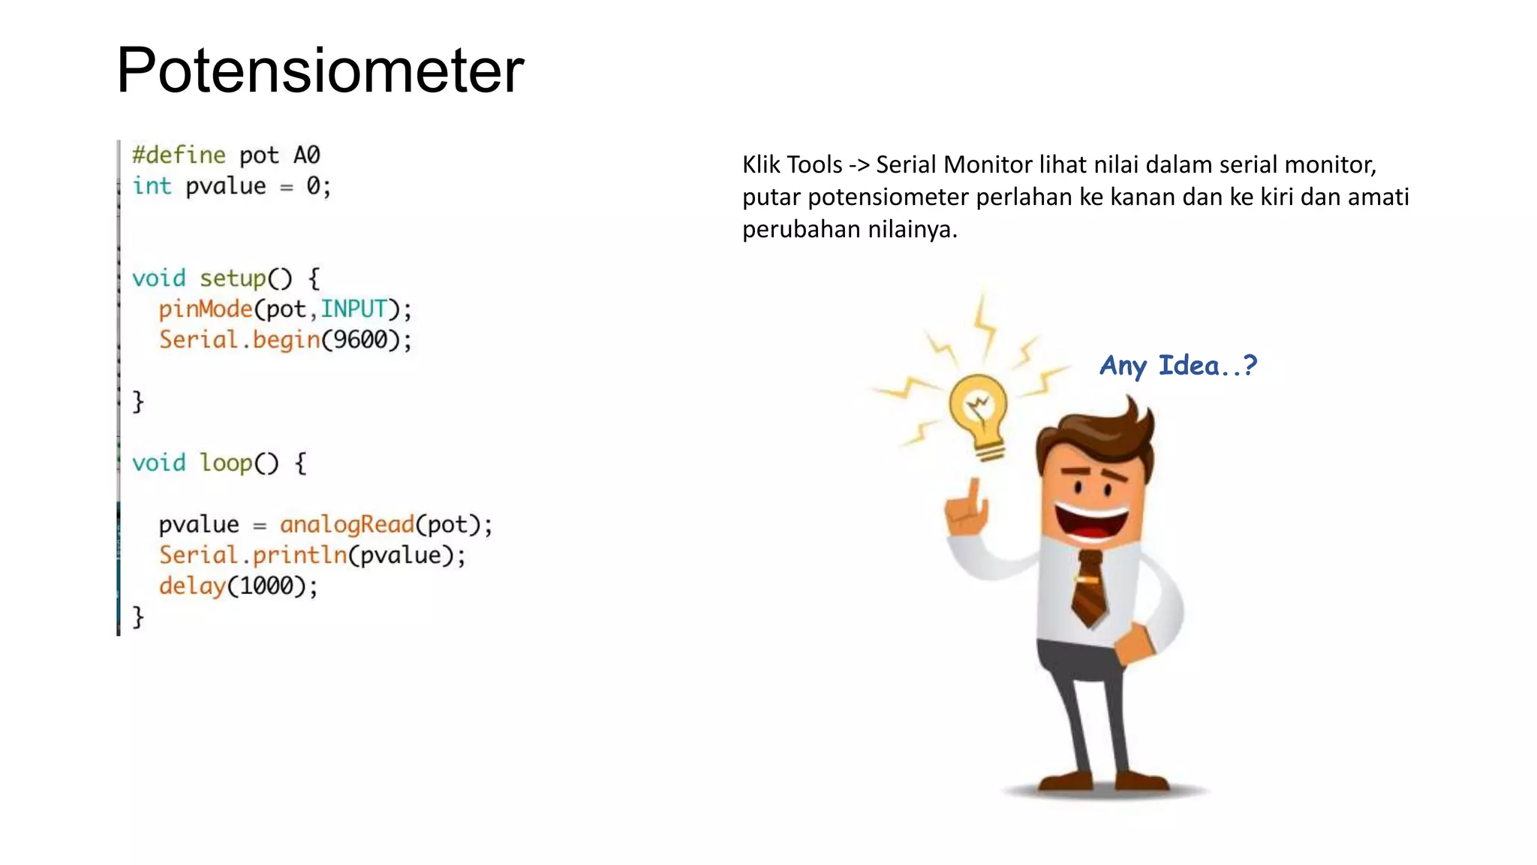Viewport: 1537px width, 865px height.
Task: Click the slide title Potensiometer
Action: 320,71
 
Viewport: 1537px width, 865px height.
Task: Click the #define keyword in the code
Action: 179,155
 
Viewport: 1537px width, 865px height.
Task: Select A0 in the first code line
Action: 306,155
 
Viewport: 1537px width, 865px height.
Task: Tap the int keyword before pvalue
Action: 152,186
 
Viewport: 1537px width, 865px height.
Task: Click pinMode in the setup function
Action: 205,309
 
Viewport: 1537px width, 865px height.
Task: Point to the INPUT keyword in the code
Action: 353,309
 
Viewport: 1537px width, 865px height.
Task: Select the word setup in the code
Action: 233,279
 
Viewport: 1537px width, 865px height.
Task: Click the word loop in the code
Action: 226,463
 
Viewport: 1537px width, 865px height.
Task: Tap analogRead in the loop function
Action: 347,525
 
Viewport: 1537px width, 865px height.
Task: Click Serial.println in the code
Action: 252,556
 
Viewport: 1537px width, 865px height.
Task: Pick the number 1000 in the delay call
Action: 266,586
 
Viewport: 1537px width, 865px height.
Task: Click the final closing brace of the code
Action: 138,617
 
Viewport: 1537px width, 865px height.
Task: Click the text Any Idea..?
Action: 1178,366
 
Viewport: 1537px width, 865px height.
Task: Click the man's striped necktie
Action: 1090,589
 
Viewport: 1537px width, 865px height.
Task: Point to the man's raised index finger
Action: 974,492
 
